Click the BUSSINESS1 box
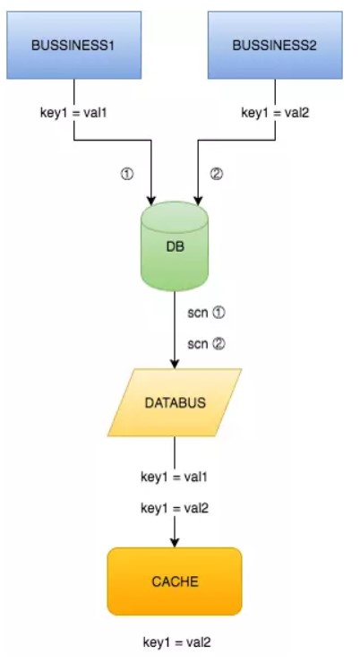73,44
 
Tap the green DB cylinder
176,245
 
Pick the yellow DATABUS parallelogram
176,402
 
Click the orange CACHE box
176,581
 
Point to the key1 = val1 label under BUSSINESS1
73,114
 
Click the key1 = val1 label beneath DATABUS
176,478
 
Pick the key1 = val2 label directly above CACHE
176,508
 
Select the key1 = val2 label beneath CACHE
176,641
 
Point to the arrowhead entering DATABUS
176,363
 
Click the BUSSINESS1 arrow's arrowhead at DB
153,199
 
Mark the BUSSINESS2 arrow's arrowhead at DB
197,199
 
